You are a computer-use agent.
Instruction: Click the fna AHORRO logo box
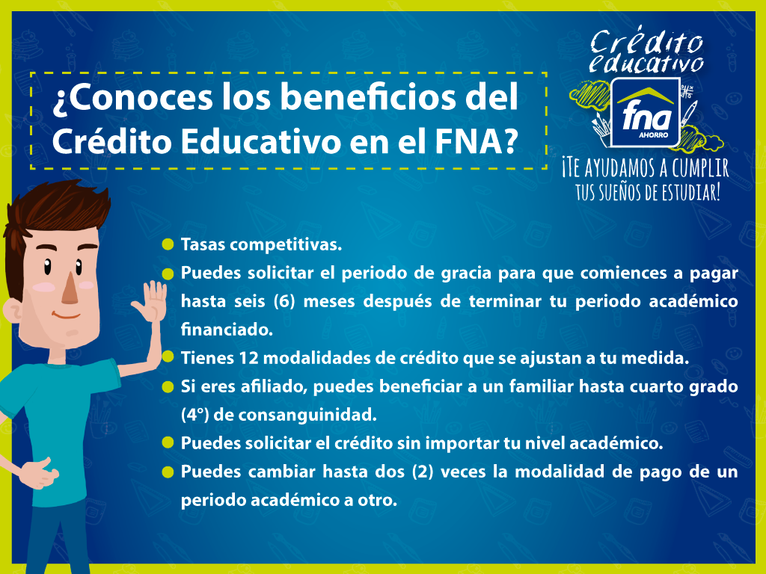(646, 112)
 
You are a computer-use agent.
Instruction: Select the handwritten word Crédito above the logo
(646, 42)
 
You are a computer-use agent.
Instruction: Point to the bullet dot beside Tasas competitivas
(168, 244)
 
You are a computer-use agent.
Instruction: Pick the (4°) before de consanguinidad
(195, 416)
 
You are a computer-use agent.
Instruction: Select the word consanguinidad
(307, 416)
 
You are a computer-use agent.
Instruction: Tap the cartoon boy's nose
(70, 289)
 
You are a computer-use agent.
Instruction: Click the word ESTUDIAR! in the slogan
(691, 193)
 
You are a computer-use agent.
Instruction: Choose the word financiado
(227, 330)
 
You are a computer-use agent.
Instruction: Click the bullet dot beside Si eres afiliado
(168, 387)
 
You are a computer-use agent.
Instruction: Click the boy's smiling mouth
(67, 315)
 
